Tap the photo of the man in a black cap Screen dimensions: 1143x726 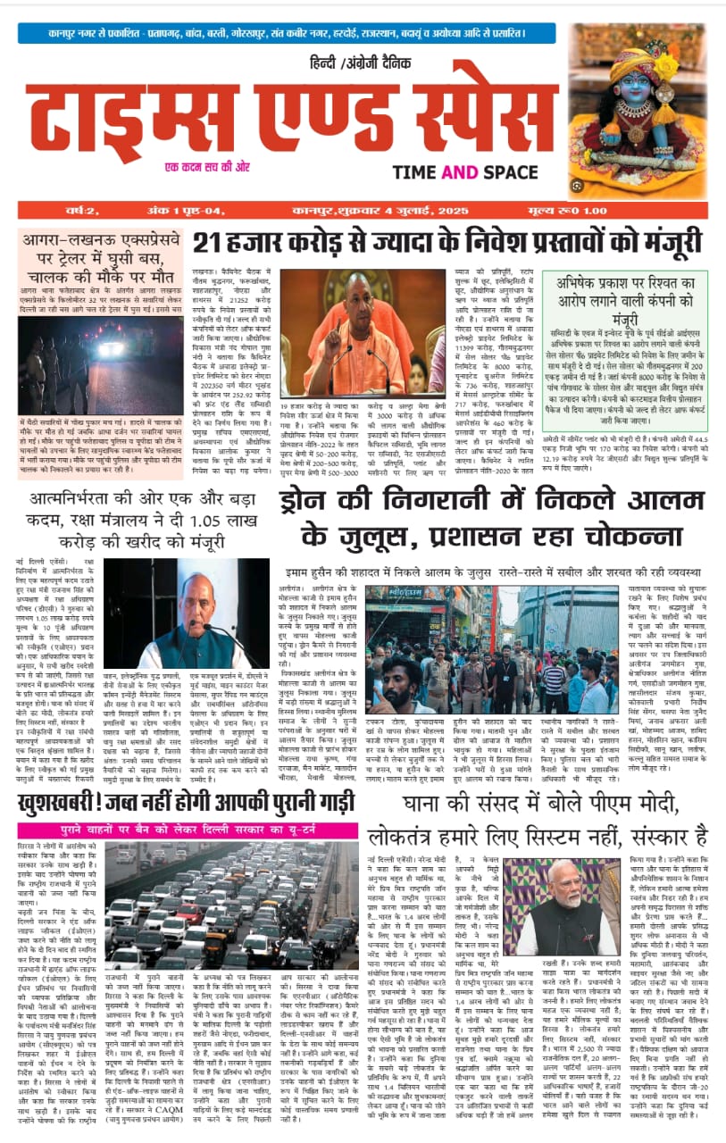pos(186,613)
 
